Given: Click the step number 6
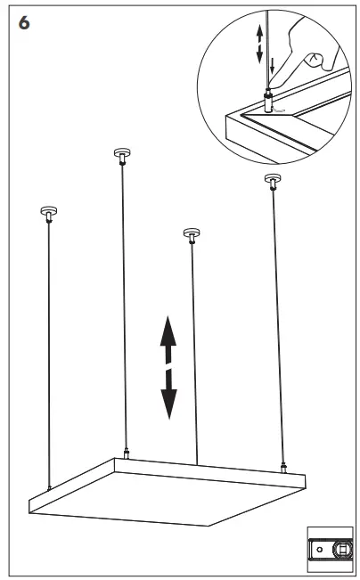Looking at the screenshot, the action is pos(24,23).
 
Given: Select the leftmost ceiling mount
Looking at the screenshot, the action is pos(48,214).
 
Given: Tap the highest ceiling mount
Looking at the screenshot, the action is pos(122,156).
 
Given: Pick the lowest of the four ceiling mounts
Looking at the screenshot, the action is pos(192,235).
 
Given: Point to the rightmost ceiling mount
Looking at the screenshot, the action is pos(273,182).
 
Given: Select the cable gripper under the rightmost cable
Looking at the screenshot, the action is pos(283,469).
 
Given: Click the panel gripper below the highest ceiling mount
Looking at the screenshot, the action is pos(127,453).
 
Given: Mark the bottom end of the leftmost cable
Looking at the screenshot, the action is pos(49,489).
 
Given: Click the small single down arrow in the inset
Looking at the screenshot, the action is pos(273,66).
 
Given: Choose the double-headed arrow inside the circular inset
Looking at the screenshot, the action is pos(259,44).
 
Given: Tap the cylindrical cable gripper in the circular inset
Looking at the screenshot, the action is pos(268,102).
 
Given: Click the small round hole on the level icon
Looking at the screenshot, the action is pos(320,550).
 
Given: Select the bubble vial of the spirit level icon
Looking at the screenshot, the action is pos(341,549).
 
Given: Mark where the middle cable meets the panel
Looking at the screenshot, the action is pos(197,465).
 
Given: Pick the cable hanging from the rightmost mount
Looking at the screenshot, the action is pos(278,326).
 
